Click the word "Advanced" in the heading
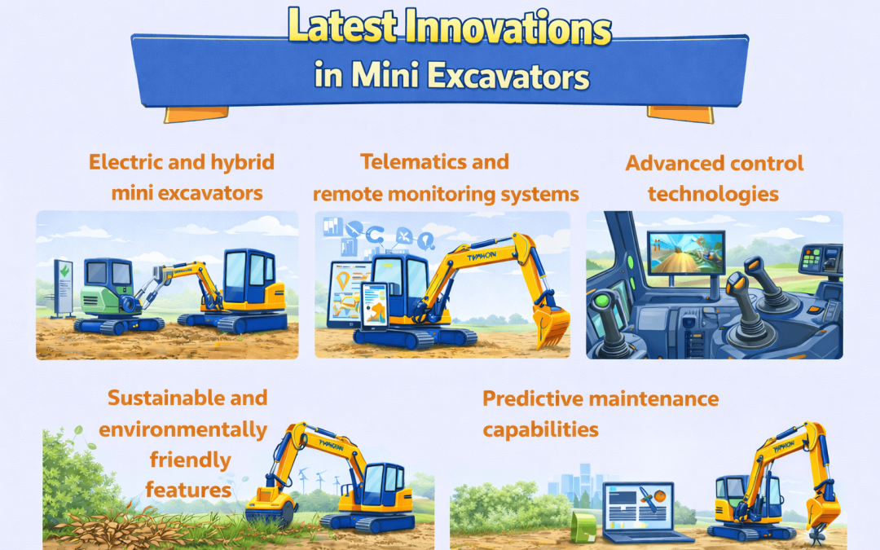tap(671, 163)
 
